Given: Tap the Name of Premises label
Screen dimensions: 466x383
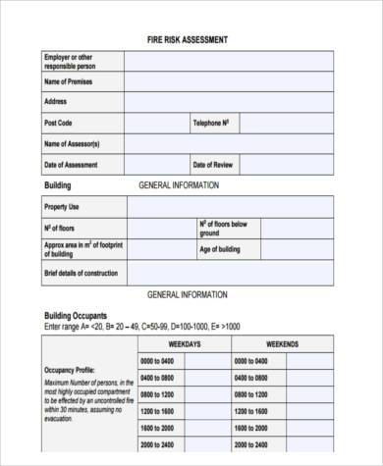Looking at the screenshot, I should point(68,81).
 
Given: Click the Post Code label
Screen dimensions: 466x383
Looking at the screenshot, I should point(59,123).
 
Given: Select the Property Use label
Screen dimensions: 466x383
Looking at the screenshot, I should point(62,207).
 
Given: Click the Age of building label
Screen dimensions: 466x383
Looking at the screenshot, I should point(220,249).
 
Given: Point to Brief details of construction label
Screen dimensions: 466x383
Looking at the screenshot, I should point(80,272).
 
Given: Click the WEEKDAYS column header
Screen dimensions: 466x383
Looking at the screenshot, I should point(185,344).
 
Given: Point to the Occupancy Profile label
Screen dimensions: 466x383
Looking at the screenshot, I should point(69,370).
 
